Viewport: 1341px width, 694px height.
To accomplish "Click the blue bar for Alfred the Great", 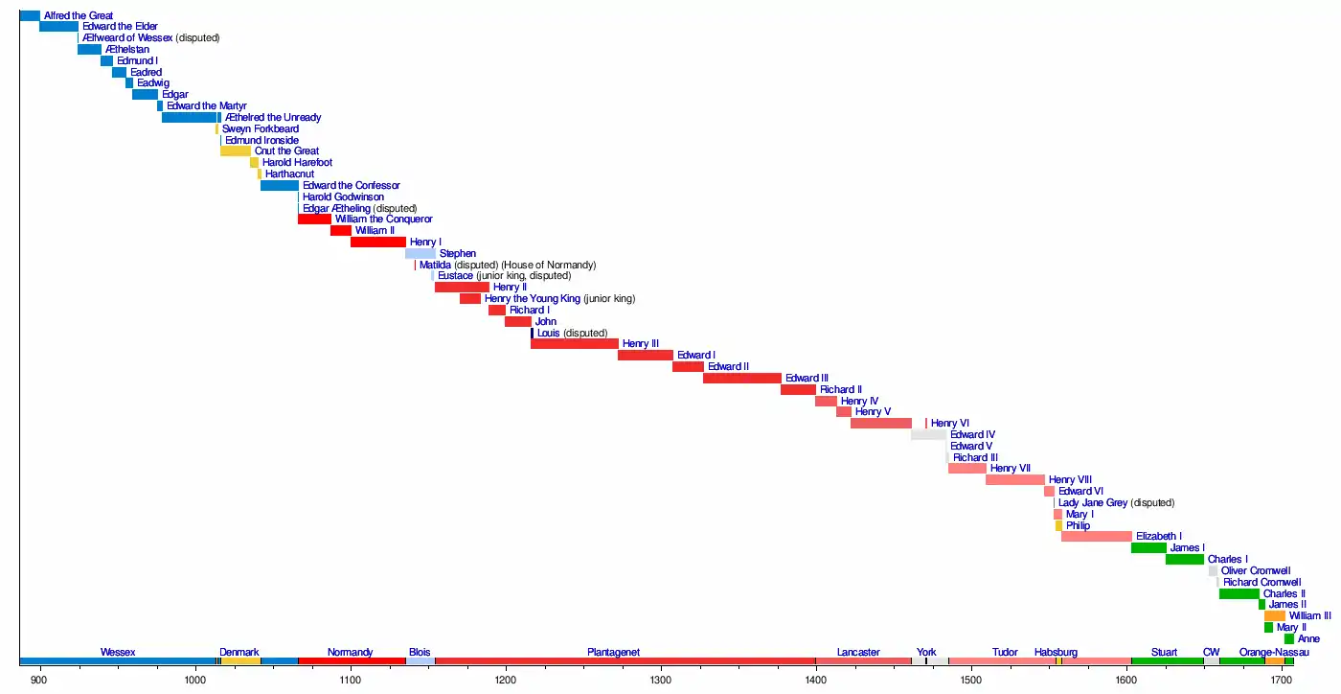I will pyautogui.click(x=30, y=15).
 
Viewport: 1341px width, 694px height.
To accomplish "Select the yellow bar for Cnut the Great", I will pyautogui.click(x=236, y=150).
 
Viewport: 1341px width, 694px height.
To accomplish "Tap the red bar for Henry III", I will pyautogui.click(x=575, y=343).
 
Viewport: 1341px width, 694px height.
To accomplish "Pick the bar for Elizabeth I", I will pyautogui.click(x=1097, y=536).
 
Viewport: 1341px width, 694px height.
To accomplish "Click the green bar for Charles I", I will pyautogui.click(x=1185, y=559).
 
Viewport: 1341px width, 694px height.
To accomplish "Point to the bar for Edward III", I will pyautogui.click(x=742, y=378).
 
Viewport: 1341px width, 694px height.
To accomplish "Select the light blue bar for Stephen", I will pyautogui.click(x=420, y=253).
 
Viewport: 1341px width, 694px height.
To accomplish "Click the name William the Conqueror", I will pyautogui.click(x=383, y=220).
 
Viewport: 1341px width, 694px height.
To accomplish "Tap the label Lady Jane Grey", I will pyautogui.click(x=1093, y=502).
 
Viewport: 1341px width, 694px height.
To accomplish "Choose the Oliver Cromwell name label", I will pyautogui.click(x=1256, y=570).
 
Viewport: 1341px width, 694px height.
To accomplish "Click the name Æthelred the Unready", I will pyautogui.click(x=273, y=117).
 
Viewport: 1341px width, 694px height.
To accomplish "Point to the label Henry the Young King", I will pyautogui.click(x=532, y=298).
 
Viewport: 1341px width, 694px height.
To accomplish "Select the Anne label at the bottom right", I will pyautogui.click(x=1308, y=638).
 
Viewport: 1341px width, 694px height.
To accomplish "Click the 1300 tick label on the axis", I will pyautogui.click(x=661, y=680).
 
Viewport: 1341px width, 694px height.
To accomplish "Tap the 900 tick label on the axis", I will pyautogui.click(x=39, y=680).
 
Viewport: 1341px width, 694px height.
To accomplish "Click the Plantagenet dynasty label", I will pyautogui.click(x=613, y=653).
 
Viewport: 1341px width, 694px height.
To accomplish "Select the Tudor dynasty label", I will pyautogui.click(x=1005, y=653).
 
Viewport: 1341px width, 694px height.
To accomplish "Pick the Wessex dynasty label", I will pyautogui.click(x=118, y=653).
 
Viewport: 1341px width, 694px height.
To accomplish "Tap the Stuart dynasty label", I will pyautogui.click(x=1165, y=653).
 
